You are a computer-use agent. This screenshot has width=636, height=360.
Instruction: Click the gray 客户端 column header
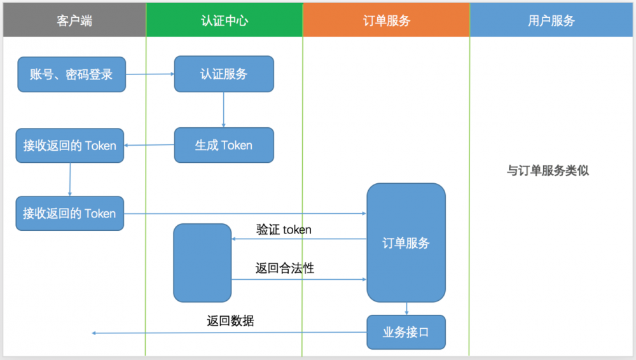pyautogui.click(x=74, y=20)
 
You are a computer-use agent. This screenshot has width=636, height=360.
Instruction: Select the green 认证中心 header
pyautogui.click(x=224, y=20)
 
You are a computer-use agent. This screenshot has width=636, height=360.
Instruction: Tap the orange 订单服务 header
pyautogui.click(x=386, y=20)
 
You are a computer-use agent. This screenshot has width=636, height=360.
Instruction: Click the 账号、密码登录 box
pyautogui.click(x=71, y=74)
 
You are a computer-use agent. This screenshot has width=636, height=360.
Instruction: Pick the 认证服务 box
pyautogui.click(x=224, y=74)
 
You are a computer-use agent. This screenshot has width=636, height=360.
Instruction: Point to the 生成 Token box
pyautogui.click(x=224, y=145)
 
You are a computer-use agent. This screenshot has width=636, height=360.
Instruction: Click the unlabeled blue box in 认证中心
pyautogui.click(x=202, y=263)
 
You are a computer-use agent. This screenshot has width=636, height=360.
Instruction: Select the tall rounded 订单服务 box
pyautogui.click(x=406, y=243)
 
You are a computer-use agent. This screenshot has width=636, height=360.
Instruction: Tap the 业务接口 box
pyautogui.click(x=406, y=332)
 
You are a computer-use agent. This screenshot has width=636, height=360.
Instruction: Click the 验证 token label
pyautogui.click(x=284, y=230)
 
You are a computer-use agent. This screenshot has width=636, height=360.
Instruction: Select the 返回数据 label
pyautogui.click(x=230, y=321)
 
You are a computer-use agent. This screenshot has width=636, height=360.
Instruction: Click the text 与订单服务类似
pyautogui.click(x=548, y=170)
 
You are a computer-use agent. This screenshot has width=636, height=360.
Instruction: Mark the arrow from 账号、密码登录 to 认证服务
pyautogui.click(x=150, y=74)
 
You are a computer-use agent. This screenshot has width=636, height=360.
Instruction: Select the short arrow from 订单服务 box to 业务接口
pyautogui.click(x=407, y=308)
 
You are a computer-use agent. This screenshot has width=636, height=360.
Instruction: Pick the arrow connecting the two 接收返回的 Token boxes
pyautogui.click(x=70, y=179)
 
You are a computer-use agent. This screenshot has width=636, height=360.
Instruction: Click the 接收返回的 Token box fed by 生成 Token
pyautogui.click(x=70, y=146)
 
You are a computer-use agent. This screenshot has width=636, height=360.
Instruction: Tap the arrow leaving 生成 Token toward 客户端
pyautogui.click(x=149, y=145)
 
